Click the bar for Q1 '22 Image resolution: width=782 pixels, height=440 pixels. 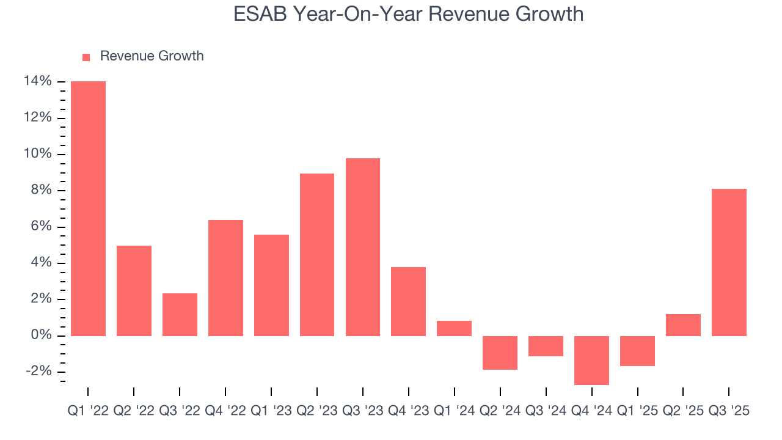pos(88,208)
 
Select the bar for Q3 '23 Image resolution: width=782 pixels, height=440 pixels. pos(363,247)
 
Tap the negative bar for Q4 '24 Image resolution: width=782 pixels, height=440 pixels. pos(591,360)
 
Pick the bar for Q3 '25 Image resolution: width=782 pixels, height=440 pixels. pos(729,262)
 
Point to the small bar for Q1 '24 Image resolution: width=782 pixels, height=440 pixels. pos(454,328)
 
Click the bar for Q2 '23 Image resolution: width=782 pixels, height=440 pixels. pos(317,255)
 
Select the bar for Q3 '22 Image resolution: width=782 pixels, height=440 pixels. pos(180,315)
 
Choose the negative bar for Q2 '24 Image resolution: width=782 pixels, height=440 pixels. pos(500,353)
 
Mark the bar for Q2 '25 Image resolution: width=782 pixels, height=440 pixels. pos(683,325)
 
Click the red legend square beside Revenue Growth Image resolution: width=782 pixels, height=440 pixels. pos(86,57)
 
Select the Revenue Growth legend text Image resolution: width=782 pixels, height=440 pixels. pos(152,56)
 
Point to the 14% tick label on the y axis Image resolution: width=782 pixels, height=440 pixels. pos(37,81)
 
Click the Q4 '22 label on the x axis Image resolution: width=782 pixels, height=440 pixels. pos(225,411)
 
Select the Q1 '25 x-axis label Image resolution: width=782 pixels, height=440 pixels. pos(637,411)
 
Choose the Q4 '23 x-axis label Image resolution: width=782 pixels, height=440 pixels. pos(408,411)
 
